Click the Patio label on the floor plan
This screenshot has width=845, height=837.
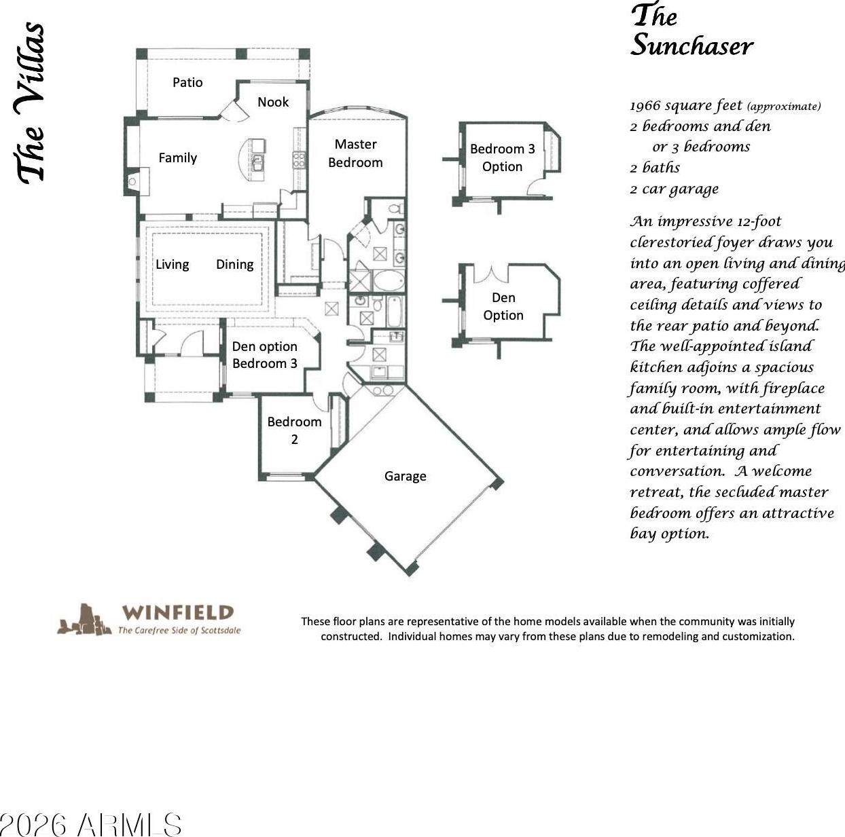pos(187,82)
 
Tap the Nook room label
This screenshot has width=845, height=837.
pos(273,102)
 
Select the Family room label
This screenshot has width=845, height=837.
pos(177,158)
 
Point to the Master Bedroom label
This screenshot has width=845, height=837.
pos(355,153)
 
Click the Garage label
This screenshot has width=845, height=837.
pos(406,477)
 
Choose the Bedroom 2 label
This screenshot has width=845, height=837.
pos(294,430)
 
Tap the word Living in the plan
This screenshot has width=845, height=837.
pos(173,264)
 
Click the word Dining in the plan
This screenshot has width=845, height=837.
pos(234,264)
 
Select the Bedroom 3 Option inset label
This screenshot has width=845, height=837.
pos(502,157)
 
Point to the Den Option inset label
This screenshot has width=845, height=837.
pos(503,306)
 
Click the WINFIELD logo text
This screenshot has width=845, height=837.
pos(177,612)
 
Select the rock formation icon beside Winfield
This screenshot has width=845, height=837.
pos(84,620)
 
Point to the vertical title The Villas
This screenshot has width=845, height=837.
pos(31,103)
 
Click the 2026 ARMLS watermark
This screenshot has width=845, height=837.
pos(90,825)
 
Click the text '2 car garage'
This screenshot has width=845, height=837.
pos(675,189)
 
